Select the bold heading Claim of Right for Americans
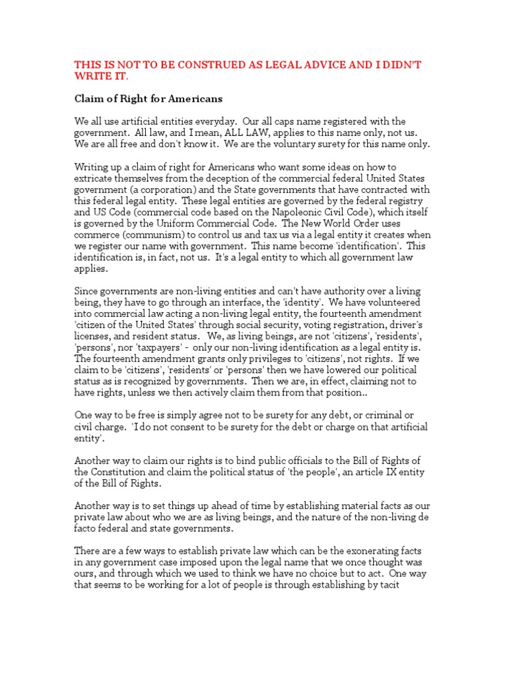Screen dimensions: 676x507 (148, 99)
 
